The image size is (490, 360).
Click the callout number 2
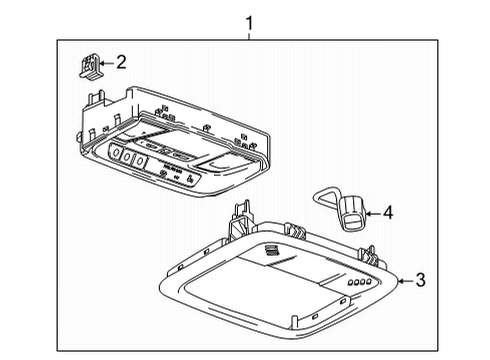pos(121,62)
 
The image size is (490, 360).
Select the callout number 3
pos(420,281)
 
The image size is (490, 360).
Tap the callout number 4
pos(389,211)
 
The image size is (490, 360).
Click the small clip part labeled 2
pos(84,65)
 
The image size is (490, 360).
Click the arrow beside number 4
pos(371,211)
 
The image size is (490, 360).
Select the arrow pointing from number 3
pos(403,281)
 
